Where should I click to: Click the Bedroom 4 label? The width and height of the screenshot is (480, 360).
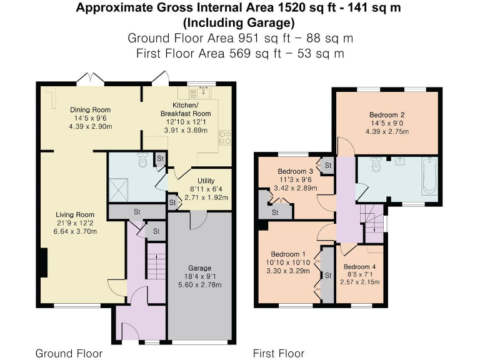pyautogui.click(x=359, y=266)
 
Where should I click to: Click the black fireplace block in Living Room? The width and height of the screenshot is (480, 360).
pyautogui.click(x=44, y=261)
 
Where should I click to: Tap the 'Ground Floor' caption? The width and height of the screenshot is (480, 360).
pyautogui.click(x=69, y=354)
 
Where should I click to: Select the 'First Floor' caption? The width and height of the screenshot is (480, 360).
pyautogui.click(x=278, y=354)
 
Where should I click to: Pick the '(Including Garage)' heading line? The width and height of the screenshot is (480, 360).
pyautogui.click(x=239, y=23)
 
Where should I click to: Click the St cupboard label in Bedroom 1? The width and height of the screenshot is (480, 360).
pyautogui.click(x=327, y=274)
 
